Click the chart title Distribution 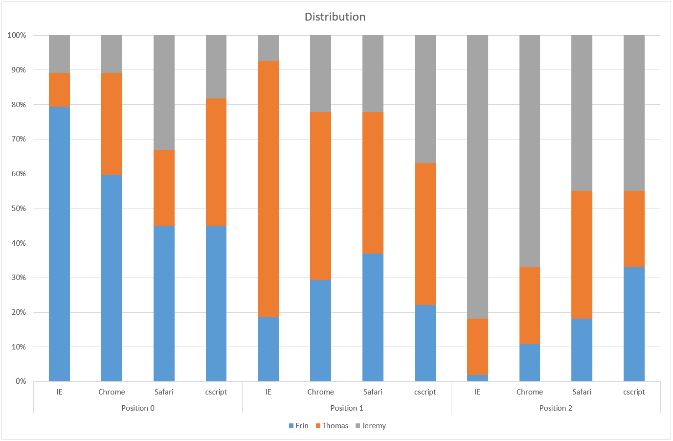tap(335, 17)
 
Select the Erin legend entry tap(299, 426)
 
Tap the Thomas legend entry tap(332, 426)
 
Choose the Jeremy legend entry tap(371, 426)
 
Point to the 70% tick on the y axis tap(17, 139)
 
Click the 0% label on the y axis tap(21, 381)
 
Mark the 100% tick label tap(17, 35)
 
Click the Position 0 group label tap(138, 408)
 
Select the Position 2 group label tap(556, 408)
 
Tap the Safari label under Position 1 tap(373, 392)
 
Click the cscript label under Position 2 tap(634, 392)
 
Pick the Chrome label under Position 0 tap(112, 392)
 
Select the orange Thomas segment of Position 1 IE tap(269, 188)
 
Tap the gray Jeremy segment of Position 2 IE tap(477, 177)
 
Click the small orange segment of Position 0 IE tap(59, 90)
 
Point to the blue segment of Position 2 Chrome tap(530, 363)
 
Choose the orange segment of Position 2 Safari tap(582, 255)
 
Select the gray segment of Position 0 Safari tap(164, 92)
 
